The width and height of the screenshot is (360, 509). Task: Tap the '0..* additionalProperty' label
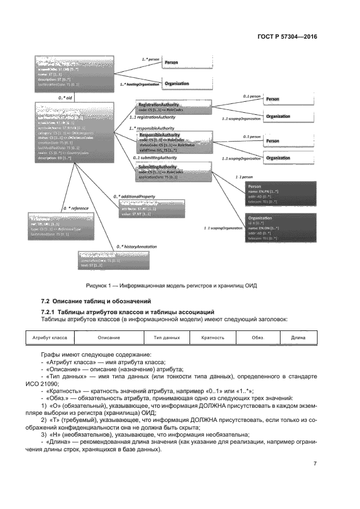point(135,195)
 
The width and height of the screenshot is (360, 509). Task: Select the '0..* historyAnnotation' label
point(136,247)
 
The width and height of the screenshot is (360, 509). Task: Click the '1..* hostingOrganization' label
point(138,85)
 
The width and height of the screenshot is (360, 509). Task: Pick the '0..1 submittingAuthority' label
point(155,157)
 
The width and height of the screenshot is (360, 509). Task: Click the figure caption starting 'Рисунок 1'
point(170,285)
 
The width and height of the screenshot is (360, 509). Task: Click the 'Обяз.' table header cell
point(257,338)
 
